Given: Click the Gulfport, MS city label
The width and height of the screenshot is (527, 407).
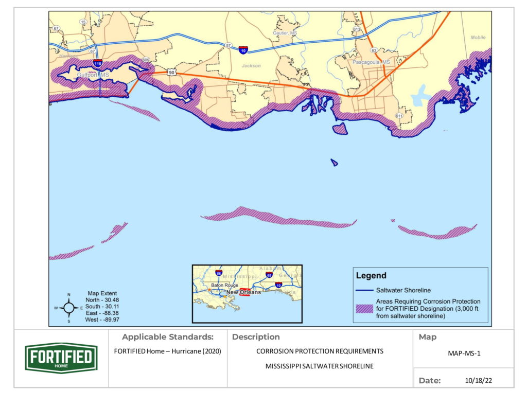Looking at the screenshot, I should pyautogui.click(x=93, y=75).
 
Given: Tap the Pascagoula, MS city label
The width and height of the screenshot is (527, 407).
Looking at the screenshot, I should pyautogui.click(x=371, y=62).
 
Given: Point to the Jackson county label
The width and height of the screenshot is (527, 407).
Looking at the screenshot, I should pyautogui.click(x=251, y=66).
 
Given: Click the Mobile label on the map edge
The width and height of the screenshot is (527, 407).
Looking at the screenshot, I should pyautogui.click(x=478, y=38).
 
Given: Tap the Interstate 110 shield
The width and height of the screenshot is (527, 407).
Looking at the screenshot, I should pyautogui.click(x=98, y=63).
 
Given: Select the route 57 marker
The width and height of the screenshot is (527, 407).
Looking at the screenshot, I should pyautogui.click(x=228, y=46).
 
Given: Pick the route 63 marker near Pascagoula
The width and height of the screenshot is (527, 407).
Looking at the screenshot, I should pyautogui.click(x=374, y=50).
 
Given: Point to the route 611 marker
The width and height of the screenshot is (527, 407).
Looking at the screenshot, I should pyautogui.click(x=399, y=116).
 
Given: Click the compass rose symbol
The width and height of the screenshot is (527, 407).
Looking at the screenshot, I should pyautogui.click(x=69, y=308).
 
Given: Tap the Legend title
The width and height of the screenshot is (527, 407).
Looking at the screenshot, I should pyautogui.click(x=372, y=276).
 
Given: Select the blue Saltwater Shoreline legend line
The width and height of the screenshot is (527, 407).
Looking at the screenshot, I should pyautogui.click(x=365, y=290).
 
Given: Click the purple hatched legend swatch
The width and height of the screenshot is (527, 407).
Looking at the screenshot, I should pyautogui.click(x=365, y=309).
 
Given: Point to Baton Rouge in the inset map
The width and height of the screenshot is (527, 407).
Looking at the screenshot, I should pyautogui.click(x=223, y=285).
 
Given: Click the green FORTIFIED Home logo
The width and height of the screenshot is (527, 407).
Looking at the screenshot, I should pyautogui.click(x=61, y=358).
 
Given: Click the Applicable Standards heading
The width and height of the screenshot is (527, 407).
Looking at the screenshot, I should pyautogui.click(x=167, y=337).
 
